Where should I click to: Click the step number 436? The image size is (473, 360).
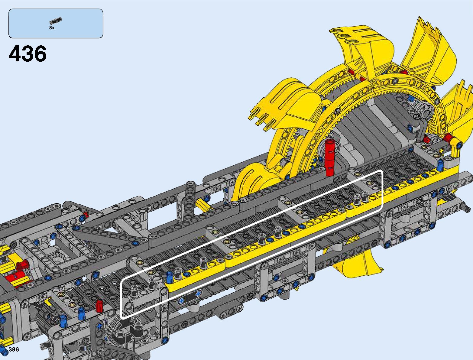tap(28, 54)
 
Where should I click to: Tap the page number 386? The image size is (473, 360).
tap(14, 349)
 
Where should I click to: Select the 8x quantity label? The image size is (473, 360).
tap(52, 28)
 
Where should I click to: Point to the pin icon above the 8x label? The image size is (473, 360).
tap(55, 21)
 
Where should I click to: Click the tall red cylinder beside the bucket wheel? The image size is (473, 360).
tap(329, 157)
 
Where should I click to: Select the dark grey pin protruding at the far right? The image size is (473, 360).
tap(466, 208)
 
